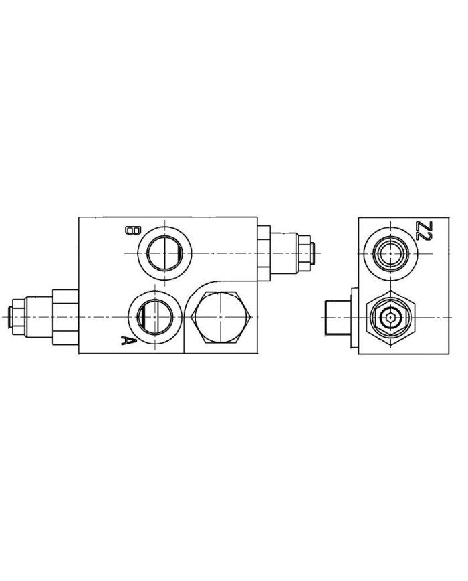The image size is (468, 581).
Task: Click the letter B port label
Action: tap(132, 231)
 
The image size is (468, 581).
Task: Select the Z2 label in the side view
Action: tap(423, 231)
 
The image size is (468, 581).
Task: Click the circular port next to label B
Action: tap(164, 253)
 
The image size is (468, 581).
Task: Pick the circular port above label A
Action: tap(155, 317)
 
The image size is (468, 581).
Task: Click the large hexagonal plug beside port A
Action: tap(221, 317)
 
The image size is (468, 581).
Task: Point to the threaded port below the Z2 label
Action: tap(390, 253)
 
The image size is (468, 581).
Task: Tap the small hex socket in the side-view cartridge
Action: tap(390, 318)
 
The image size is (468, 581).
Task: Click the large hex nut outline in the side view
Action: tap(390, 318)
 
